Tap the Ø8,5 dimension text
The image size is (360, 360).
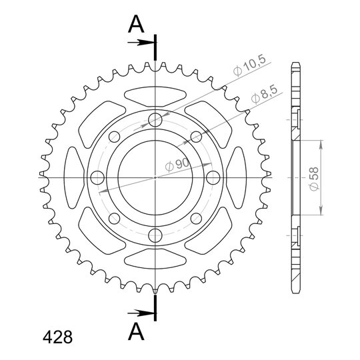[x=264, y=94]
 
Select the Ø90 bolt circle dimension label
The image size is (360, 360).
[x=177, y=165]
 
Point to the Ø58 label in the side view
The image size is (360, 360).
[x=314, y=179]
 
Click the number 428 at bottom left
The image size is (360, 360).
[x=57, y=337]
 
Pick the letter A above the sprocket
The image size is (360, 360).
[x=136, y=24]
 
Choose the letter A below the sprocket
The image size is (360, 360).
[x=136, y=331]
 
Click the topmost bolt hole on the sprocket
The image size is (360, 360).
[x=155, y=119]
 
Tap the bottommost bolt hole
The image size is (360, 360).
[x=155, y=235]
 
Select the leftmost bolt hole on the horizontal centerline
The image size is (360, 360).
[x=97, y=177]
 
